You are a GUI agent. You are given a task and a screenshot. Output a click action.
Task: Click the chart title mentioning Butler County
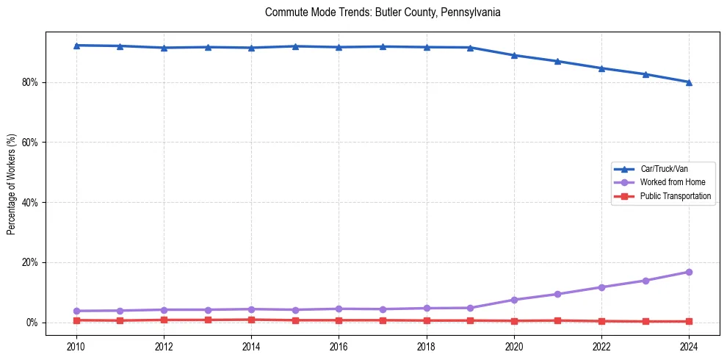(x=383, y=12)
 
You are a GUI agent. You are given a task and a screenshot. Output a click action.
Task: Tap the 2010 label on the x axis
(x=76, y=346)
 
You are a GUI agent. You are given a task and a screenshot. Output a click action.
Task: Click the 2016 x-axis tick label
(x=339, y=346)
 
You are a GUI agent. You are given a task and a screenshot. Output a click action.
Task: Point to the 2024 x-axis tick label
(x=689, y=346)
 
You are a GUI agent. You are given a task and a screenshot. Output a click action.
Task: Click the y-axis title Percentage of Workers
(x=12, y=184)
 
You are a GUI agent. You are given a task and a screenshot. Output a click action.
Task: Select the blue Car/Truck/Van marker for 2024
(x=689, y=82)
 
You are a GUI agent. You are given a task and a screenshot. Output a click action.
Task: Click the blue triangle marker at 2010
(x=76, y=46)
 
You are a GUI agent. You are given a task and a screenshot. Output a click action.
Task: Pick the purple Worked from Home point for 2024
(x=689, y=272)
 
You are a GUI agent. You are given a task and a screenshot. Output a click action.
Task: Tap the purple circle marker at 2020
(x=514, y=300)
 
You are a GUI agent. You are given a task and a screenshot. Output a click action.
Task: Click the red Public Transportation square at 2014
(x=251, y=320)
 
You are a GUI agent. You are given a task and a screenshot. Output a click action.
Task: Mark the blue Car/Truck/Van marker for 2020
(x=514, y=55)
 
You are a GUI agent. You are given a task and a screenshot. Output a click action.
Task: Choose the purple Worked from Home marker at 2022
(x=601, y=287)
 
